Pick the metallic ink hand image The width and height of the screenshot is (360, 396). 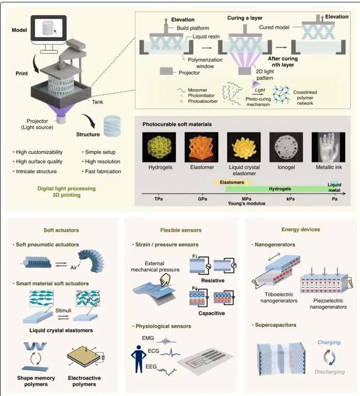pyautogui.click(x=329, y=147)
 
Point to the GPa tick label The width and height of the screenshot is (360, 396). pyautogui.click(x=203, y=198)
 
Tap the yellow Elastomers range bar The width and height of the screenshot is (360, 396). pyautogui.click(x=232, y=182)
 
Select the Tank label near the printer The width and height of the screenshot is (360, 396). pyautogui.click(x=98, y=102)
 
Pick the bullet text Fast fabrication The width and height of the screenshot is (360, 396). pyautogui.click(x=103, y=172)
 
